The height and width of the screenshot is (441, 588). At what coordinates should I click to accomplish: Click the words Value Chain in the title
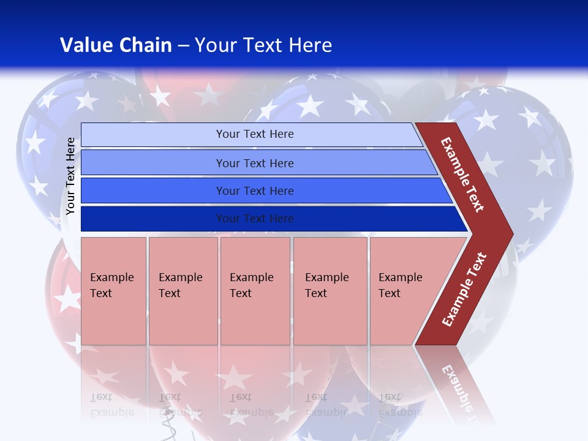(116, 45)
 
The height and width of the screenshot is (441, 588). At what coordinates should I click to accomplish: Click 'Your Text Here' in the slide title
(263, 45)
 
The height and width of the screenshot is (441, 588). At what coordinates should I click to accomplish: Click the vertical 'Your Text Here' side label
(70, 176)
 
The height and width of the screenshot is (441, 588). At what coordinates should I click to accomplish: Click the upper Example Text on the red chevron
(462, 175)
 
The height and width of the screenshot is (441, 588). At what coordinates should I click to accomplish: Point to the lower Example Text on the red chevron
(464, 290)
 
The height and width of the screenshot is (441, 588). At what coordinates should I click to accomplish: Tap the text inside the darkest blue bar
(255, 219)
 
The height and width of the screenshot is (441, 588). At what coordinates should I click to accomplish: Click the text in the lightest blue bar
(255, 134)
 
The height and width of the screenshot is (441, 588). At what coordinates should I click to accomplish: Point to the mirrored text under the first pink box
(111, 404)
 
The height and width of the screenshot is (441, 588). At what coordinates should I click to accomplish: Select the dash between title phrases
(183, 46)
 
